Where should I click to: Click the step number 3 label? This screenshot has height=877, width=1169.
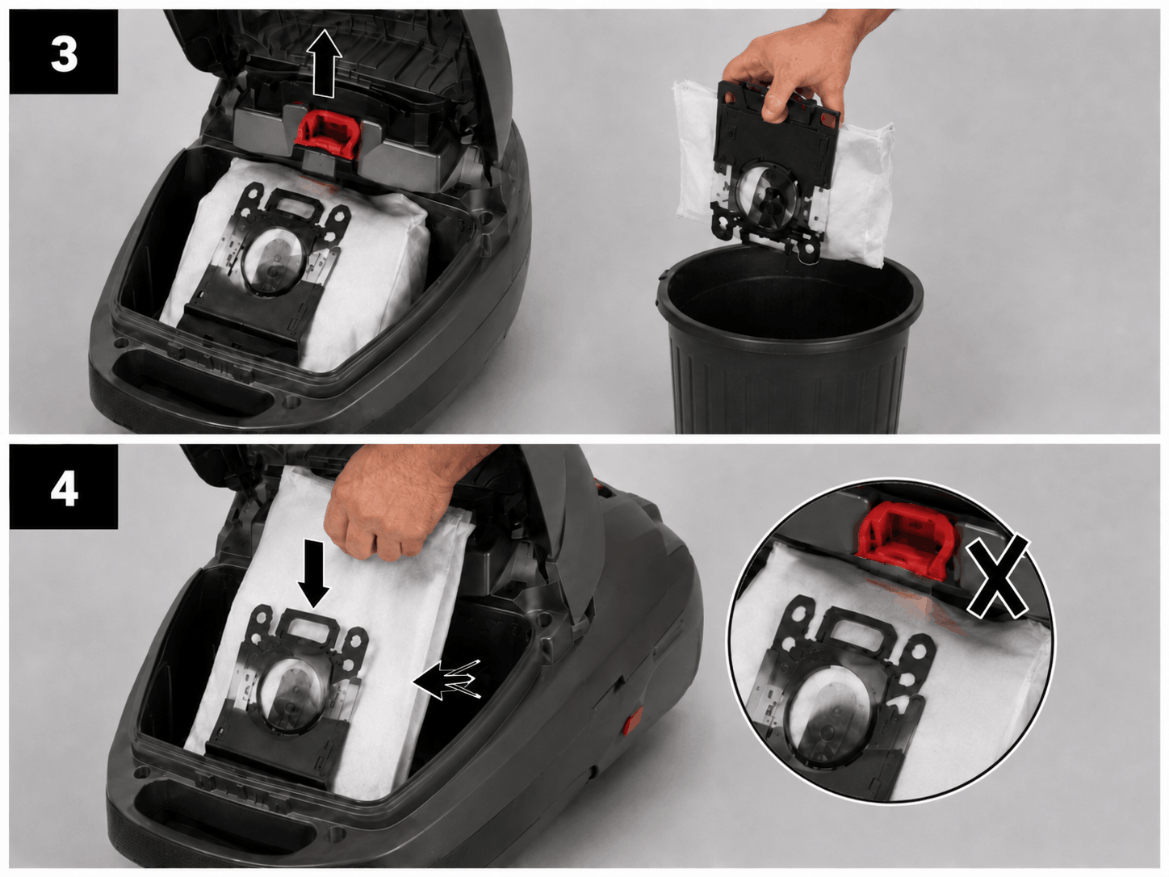coord(64,54)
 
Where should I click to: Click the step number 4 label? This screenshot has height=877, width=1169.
coord(64,488)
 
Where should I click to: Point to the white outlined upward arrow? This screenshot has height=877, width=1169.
coord(325,63)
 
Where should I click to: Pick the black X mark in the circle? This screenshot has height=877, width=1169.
coord(997,578)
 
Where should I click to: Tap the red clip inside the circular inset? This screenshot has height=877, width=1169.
coord(905,539)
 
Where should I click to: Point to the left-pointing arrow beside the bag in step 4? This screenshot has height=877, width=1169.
coord(447,680)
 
